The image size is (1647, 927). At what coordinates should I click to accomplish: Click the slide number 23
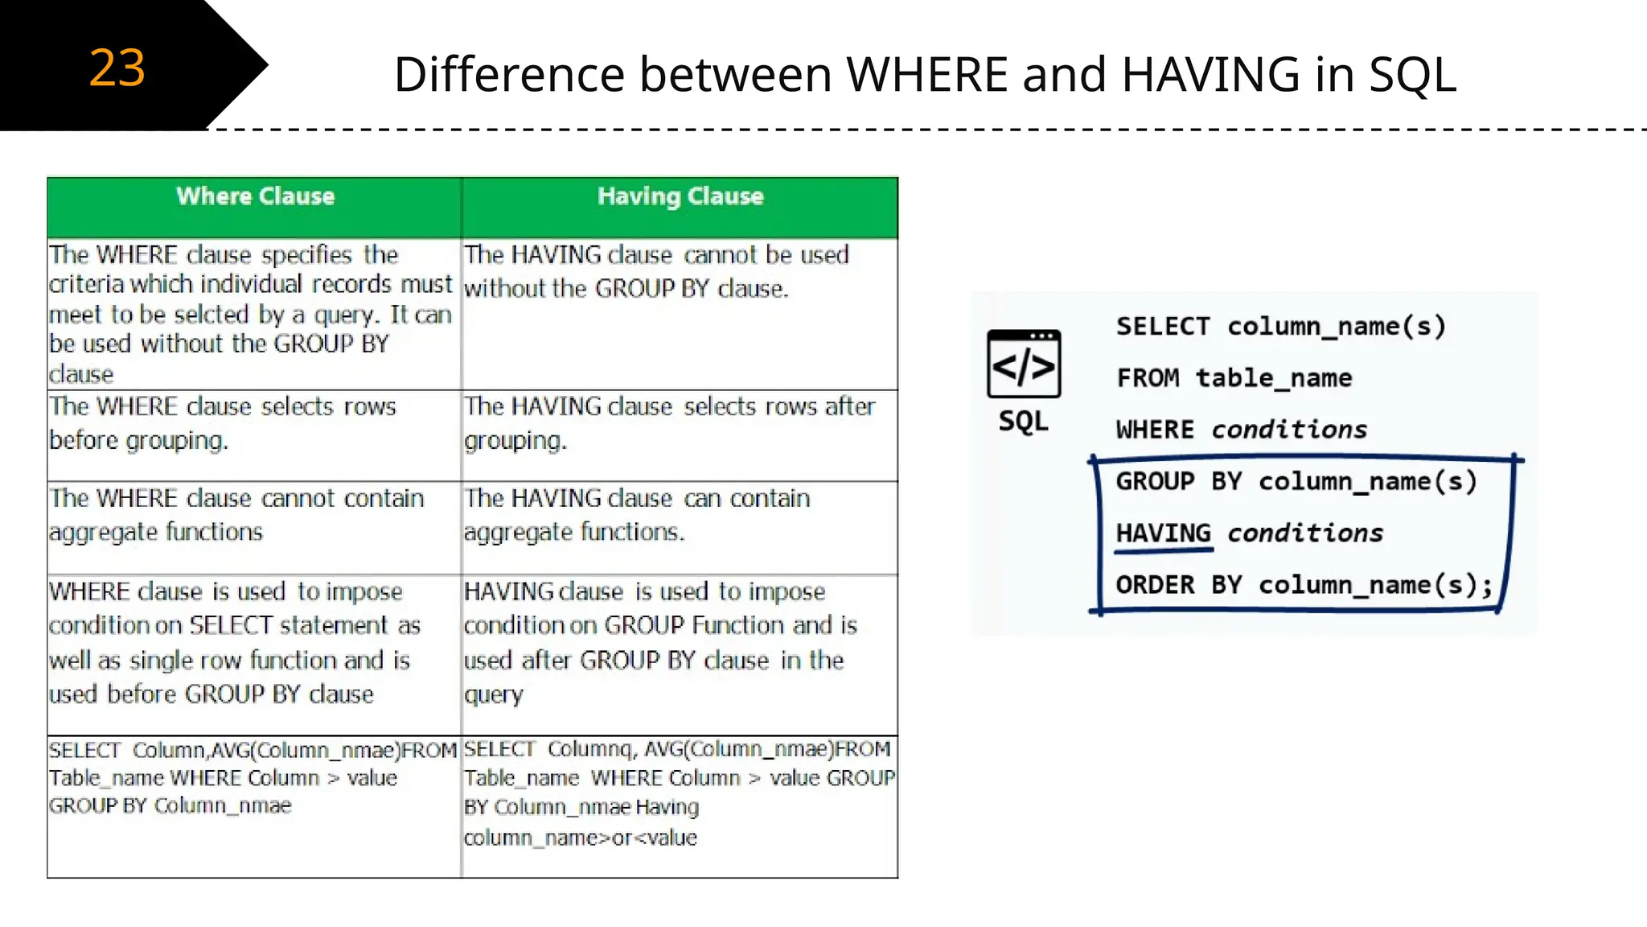pos(117,68)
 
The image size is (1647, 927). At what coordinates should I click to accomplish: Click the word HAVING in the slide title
pos(1210,75)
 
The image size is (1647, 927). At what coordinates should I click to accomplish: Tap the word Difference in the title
pos(510,75)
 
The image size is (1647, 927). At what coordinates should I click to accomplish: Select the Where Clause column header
pos(255,196)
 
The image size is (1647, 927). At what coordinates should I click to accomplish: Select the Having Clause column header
pos(680,196)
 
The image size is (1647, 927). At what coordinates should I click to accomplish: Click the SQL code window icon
pos(1024,364)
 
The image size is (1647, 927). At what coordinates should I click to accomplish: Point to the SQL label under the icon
pos(1023,421)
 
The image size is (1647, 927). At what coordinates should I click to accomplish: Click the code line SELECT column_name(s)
pos(1281,327)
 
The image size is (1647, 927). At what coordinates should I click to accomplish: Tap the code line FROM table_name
pos(1234,378)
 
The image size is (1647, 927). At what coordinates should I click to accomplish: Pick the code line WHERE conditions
pos(1242,430)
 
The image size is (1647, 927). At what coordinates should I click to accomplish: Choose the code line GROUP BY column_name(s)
pos(1296,481)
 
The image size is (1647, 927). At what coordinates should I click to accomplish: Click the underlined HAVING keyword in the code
pos(1163,533)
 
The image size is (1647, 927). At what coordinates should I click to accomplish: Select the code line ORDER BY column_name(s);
pos(1304,585)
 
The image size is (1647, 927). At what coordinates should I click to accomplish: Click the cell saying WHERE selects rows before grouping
pos(223,423)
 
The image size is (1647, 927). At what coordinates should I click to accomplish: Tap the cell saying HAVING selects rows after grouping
pos(669,423)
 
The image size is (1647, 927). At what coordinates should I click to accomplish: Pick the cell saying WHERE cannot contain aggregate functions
pos(236,515)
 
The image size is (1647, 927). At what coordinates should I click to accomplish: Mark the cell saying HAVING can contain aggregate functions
pos(637,515)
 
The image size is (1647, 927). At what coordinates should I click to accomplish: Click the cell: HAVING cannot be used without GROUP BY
pos(656,272)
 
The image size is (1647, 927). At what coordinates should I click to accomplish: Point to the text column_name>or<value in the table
pos(580,838)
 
